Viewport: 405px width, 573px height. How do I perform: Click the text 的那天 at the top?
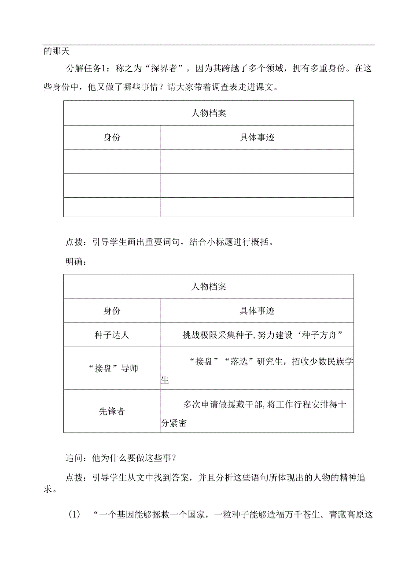(x=54, y=51)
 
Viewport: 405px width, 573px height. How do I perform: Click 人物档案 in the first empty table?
(x=209, y=113)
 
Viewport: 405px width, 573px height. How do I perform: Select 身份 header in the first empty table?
(x=112, y=137)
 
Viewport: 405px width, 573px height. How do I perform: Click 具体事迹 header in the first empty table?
(x=257, y=137)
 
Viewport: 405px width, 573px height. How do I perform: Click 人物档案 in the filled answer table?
(x=209, y=287)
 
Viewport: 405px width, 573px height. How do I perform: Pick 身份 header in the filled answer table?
(x=112, y=311)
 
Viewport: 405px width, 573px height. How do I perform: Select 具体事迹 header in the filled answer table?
(x=257, y=311)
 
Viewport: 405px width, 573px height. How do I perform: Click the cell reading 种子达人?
(x=112, y=335)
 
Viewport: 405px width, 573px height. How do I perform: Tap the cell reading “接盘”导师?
(x=112, y=368)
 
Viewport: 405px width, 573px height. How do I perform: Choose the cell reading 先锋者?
(x=112, y=411)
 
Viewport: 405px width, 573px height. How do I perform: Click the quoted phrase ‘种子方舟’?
(x=320, y=335)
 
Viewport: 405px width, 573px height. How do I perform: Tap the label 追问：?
(x=77, y=458)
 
